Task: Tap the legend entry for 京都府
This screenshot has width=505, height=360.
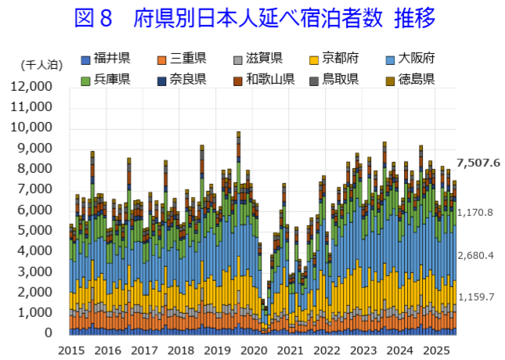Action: (x=339, y=58)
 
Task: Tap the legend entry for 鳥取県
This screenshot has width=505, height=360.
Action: (x=339, y=78)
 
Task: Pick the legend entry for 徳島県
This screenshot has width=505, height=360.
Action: (x=415, y=78)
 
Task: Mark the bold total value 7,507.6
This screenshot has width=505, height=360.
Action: (x=478, y=163)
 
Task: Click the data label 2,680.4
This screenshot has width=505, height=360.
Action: (x=475, y=255)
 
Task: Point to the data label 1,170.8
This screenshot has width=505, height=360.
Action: (x=475, y=212)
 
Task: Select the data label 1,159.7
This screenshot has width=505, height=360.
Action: (x=475, y=297)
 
